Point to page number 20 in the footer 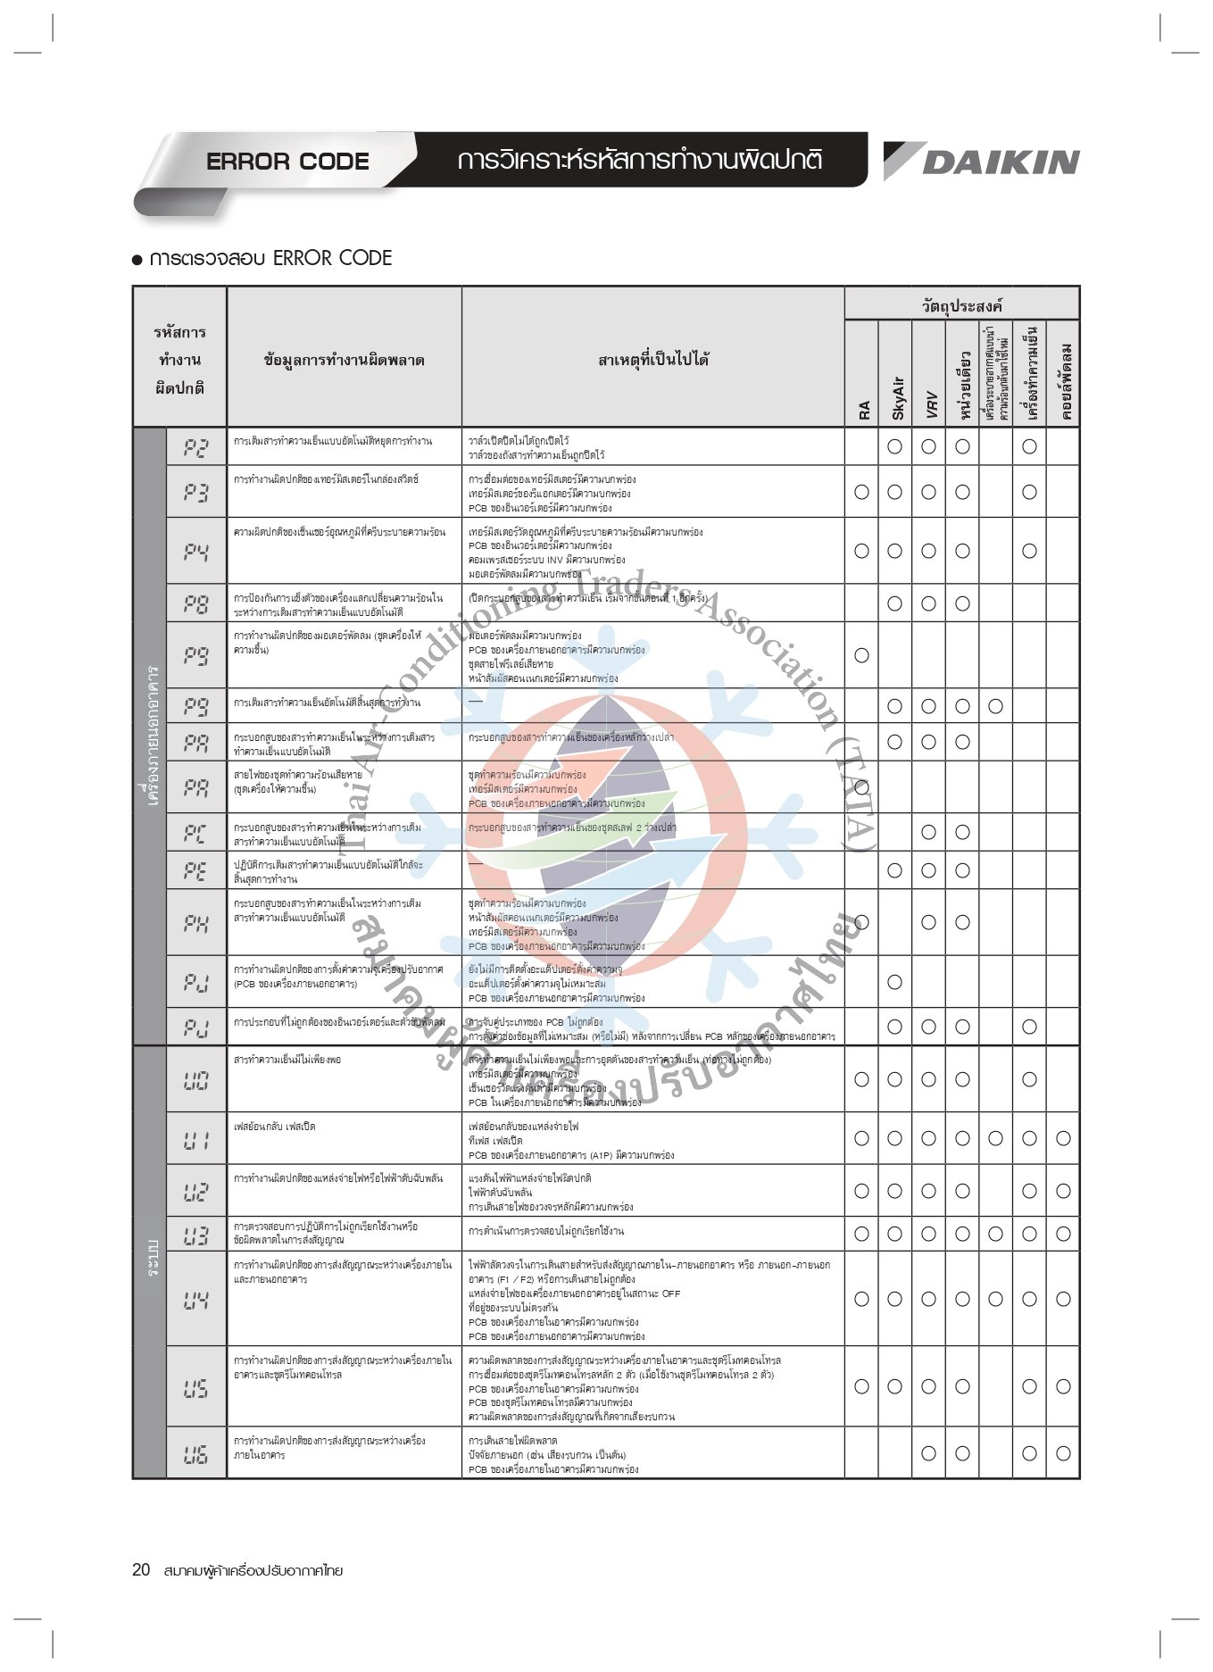tap(141, 1570)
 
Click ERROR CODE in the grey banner tap(287, 162)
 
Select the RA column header tap(863, 410)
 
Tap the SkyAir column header tap(897, 397)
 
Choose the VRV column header tap(930, 403)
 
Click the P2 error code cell tap(196, 447)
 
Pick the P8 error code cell tap(196, 604)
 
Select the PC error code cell tap(196, 833)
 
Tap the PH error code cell tap(196, 923)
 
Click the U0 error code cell tap(196, 1080)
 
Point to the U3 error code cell tap(196, 1235)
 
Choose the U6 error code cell tap(196, 1454)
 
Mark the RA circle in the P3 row tap(861, 492)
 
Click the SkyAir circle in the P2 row tap(895, 447)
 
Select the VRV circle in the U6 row tap(928, 1453)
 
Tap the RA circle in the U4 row tap(861, 1300)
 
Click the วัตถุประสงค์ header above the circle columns tap(962, 305)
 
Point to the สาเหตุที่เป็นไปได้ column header tap(653, 360)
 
